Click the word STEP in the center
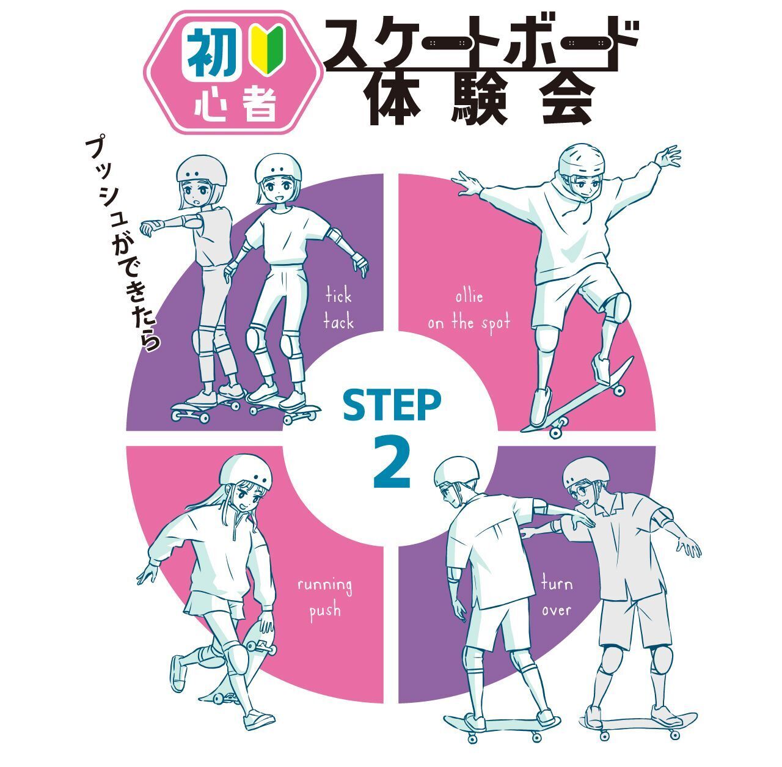[392, 406]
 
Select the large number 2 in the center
[392, 464]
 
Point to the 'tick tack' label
[338, 309]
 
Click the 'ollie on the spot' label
[469, 310]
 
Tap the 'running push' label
[324, 598]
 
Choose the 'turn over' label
[556, 596]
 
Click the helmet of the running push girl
[246, 473]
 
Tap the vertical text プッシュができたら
[125, 244]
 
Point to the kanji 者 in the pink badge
[257, 106]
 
